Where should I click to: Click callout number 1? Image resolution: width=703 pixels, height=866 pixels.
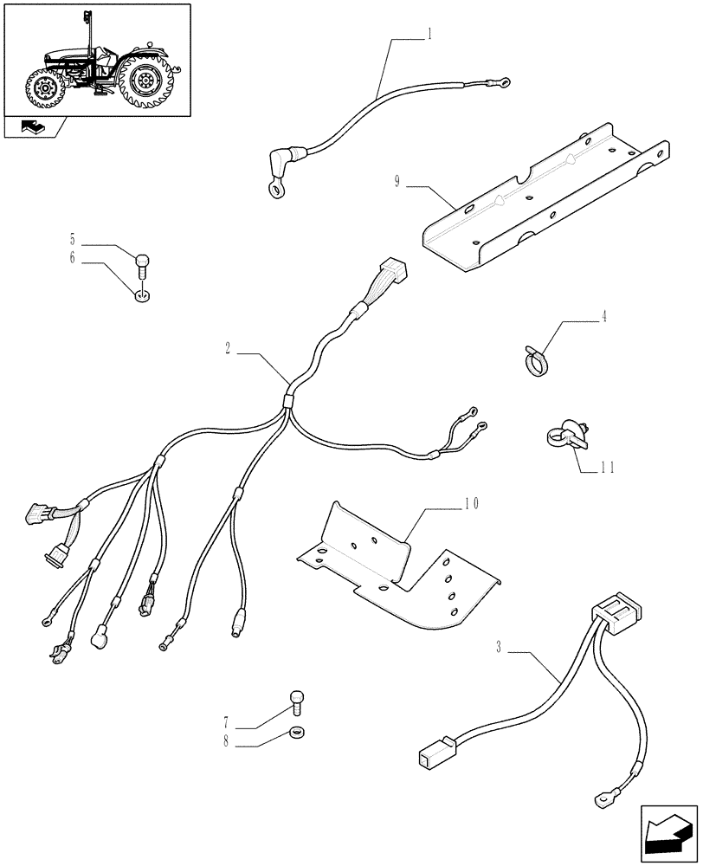[429, 35]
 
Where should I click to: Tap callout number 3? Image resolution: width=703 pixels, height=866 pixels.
[500, 647]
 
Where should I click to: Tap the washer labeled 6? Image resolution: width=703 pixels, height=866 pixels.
[142, 297]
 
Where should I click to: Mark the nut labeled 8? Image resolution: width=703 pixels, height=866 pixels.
[297, 731]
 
